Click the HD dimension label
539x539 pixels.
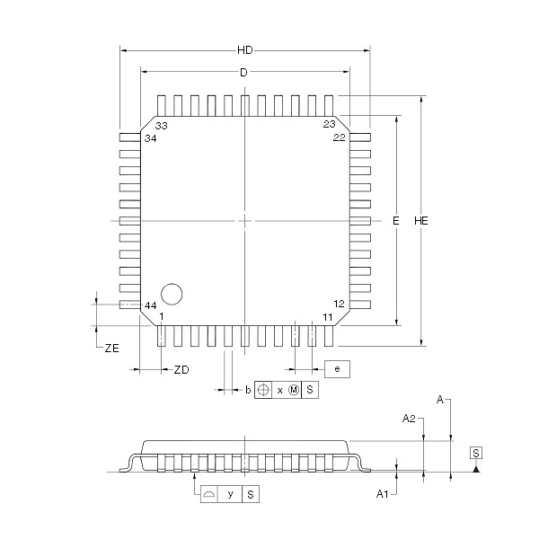[x=244, y=50]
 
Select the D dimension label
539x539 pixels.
[x=243, y=73]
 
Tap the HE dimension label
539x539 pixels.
[x=421, y=221]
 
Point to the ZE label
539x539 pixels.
[x=112, y=349]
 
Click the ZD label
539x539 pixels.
[x=181, y=370]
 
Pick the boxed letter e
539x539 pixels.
[x=337, y=369]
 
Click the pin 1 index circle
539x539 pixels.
[x=172, y=294]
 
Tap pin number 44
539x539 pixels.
[x=151, y=305]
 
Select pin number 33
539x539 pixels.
[x=161, y=126]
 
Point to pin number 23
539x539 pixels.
[x=329, y=124]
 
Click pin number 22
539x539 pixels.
[x=339, y=137]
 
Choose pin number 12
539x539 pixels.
[x=339, y=304]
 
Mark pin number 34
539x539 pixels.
[x=151, y=138]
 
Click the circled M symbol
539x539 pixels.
[x=294, y=390]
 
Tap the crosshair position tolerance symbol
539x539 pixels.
[x=263, y=390]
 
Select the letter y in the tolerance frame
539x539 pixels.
[x=230, y=494]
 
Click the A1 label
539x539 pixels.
[x=382, y=494]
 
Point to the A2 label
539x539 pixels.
[x=409, y=419]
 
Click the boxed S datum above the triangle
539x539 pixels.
[x=476, y=453]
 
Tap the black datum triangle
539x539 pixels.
[x=476, y=469]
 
